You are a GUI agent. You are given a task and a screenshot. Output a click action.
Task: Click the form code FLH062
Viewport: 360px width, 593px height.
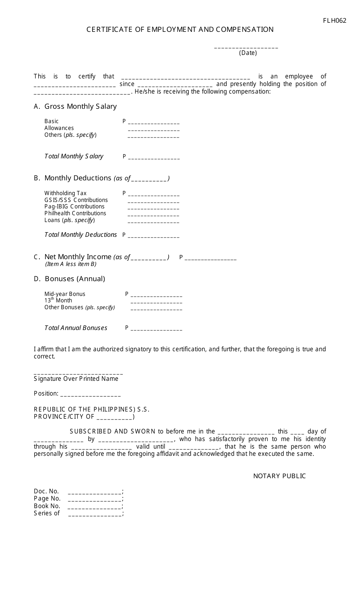335,20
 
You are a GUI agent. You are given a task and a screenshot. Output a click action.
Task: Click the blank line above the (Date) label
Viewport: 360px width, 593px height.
246,47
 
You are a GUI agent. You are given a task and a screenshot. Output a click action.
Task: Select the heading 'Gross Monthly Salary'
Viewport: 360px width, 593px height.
80,106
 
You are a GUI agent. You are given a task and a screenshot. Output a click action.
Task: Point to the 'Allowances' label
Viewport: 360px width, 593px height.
59,128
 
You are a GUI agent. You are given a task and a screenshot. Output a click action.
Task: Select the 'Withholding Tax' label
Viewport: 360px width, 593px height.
66,193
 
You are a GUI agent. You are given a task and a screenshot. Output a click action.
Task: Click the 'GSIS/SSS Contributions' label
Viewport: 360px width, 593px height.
76,200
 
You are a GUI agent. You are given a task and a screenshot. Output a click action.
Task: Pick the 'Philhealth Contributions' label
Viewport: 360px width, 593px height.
75,213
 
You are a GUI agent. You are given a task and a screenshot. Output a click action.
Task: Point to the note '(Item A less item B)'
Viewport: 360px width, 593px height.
71,264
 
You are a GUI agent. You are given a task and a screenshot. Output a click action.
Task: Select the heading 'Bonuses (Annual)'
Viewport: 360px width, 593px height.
75,279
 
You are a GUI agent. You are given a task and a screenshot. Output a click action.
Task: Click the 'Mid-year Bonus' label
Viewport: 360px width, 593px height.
65,294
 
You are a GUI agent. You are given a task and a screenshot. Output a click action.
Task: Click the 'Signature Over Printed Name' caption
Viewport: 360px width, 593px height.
76,379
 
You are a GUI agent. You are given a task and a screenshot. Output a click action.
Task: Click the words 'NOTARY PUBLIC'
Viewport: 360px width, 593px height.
279,476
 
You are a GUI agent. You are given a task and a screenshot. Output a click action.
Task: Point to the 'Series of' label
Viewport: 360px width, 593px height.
47,513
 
